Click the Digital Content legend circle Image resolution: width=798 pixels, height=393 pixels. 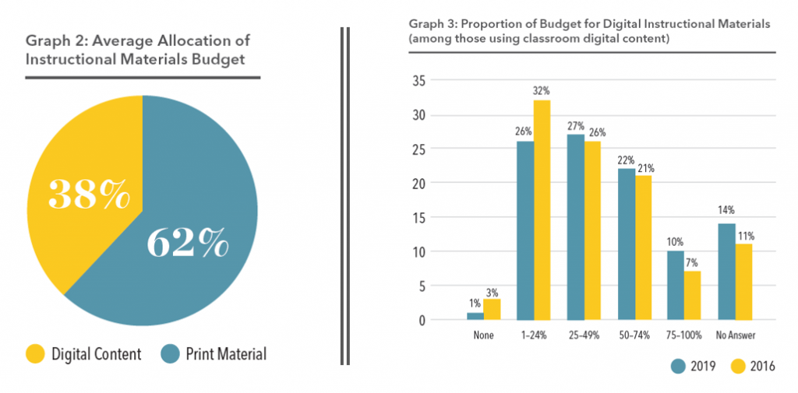pos(35,354)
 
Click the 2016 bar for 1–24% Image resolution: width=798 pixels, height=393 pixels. pos(542,210)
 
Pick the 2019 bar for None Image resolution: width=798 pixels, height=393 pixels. pos(475,316)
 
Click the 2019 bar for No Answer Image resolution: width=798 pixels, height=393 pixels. pos(726,272)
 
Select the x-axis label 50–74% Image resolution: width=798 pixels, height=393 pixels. pos(634,335)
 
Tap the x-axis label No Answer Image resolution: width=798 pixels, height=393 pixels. pos(734,335)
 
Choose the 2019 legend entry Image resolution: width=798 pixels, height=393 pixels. pos(690,365)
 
